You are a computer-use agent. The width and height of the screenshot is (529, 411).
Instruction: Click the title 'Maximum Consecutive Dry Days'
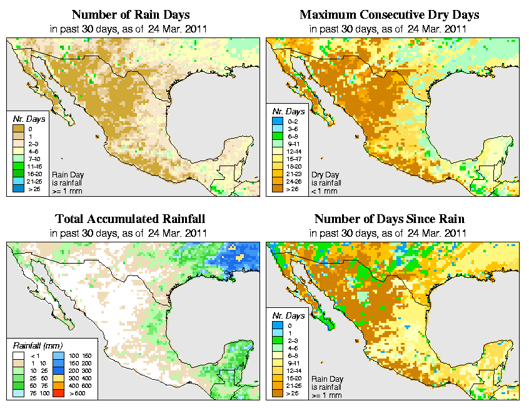pos(390,14)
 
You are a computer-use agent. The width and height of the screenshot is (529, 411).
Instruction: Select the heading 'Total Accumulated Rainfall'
pos(130,219)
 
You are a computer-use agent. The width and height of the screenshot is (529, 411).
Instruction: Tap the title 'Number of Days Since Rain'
pos(390,219)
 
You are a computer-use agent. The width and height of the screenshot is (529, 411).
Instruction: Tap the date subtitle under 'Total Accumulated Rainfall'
pos(130,233)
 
